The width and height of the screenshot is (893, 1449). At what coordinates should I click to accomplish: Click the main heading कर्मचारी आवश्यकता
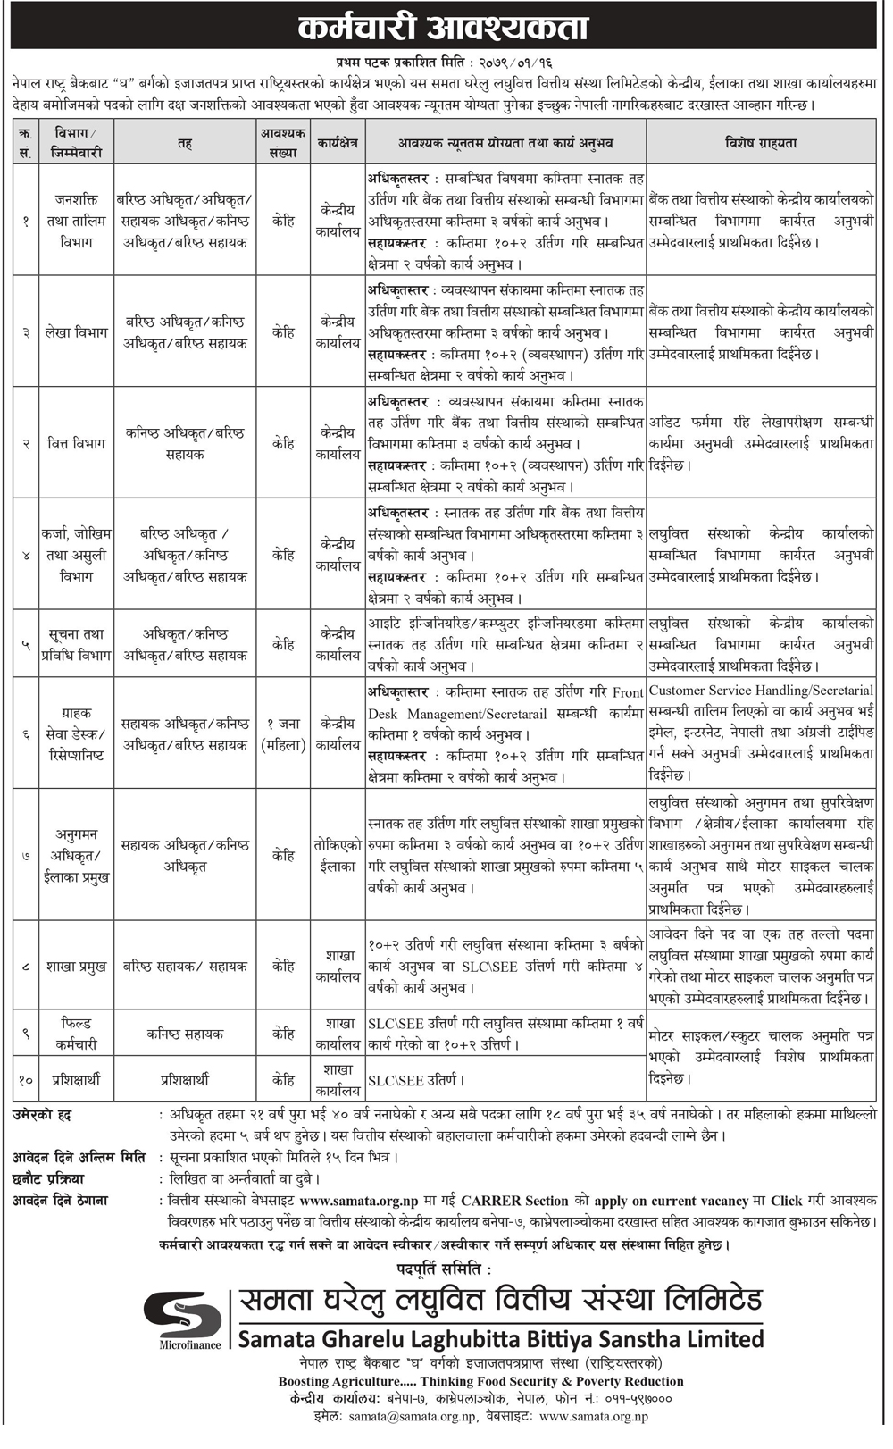(443, 28)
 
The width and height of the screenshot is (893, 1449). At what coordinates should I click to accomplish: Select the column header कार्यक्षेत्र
(337, 143)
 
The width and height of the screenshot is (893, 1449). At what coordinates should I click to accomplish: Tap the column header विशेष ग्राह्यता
(761, 143)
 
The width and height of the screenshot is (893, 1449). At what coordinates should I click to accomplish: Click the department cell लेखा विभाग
(77, 332)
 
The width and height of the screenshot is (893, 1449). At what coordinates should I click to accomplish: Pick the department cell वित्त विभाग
(77, 444)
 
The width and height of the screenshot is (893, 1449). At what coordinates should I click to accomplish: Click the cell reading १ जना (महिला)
(283, 734)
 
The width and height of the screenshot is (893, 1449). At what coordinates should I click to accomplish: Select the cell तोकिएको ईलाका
(337, 856)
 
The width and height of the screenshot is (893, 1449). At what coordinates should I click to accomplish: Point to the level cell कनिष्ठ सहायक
(185, 1034)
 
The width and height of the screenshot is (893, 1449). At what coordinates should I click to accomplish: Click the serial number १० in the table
(25, 1080)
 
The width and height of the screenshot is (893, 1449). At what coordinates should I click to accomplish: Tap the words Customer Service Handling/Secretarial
(761, 691)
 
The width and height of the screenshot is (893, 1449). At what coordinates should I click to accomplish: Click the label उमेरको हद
(42, 1115)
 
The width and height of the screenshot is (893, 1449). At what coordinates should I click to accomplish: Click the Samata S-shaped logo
(183, 1315)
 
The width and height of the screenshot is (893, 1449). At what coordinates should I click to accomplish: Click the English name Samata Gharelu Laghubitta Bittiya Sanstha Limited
(500, 1339)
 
